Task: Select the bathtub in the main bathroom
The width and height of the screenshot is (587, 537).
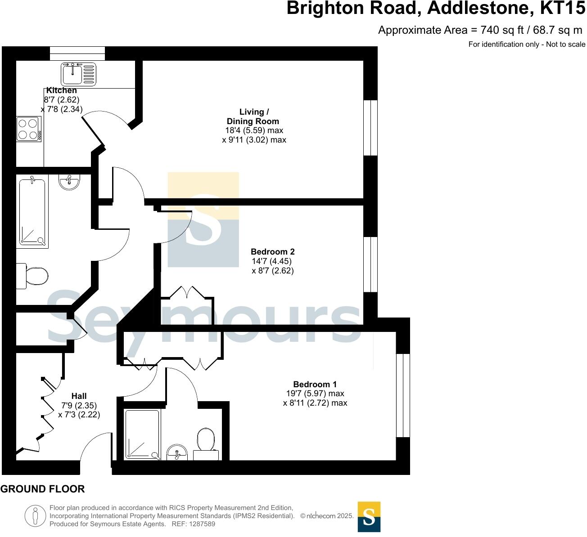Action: pos(32,212)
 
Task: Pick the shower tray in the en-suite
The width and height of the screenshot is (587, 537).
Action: pos(142,434)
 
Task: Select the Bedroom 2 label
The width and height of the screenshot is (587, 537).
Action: pos(273,252)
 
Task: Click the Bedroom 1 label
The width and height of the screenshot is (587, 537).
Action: pos(315,385)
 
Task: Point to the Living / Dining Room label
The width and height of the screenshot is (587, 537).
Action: pos(253,116)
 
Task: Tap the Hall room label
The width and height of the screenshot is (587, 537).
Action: pos(79,396)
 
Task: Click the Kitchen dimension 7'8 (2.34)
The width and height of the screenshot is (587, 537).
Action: pos(62,109)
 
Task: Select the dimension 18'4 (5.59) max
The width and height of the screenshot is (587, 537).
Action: pos(254,130)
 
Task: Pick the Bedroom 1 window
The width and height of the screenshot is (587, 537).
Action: pos(403,395)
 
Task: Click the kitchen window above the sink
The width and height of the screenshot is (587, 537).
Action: pos(77,54)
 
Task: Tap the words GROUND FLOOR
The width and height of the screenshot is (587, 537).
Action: pos(42,489)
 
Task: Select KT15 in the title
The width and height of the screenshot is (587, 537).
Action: pos(563,9)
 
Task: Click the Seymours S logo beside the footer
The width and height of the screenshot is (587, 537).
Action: pos(369,517)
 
